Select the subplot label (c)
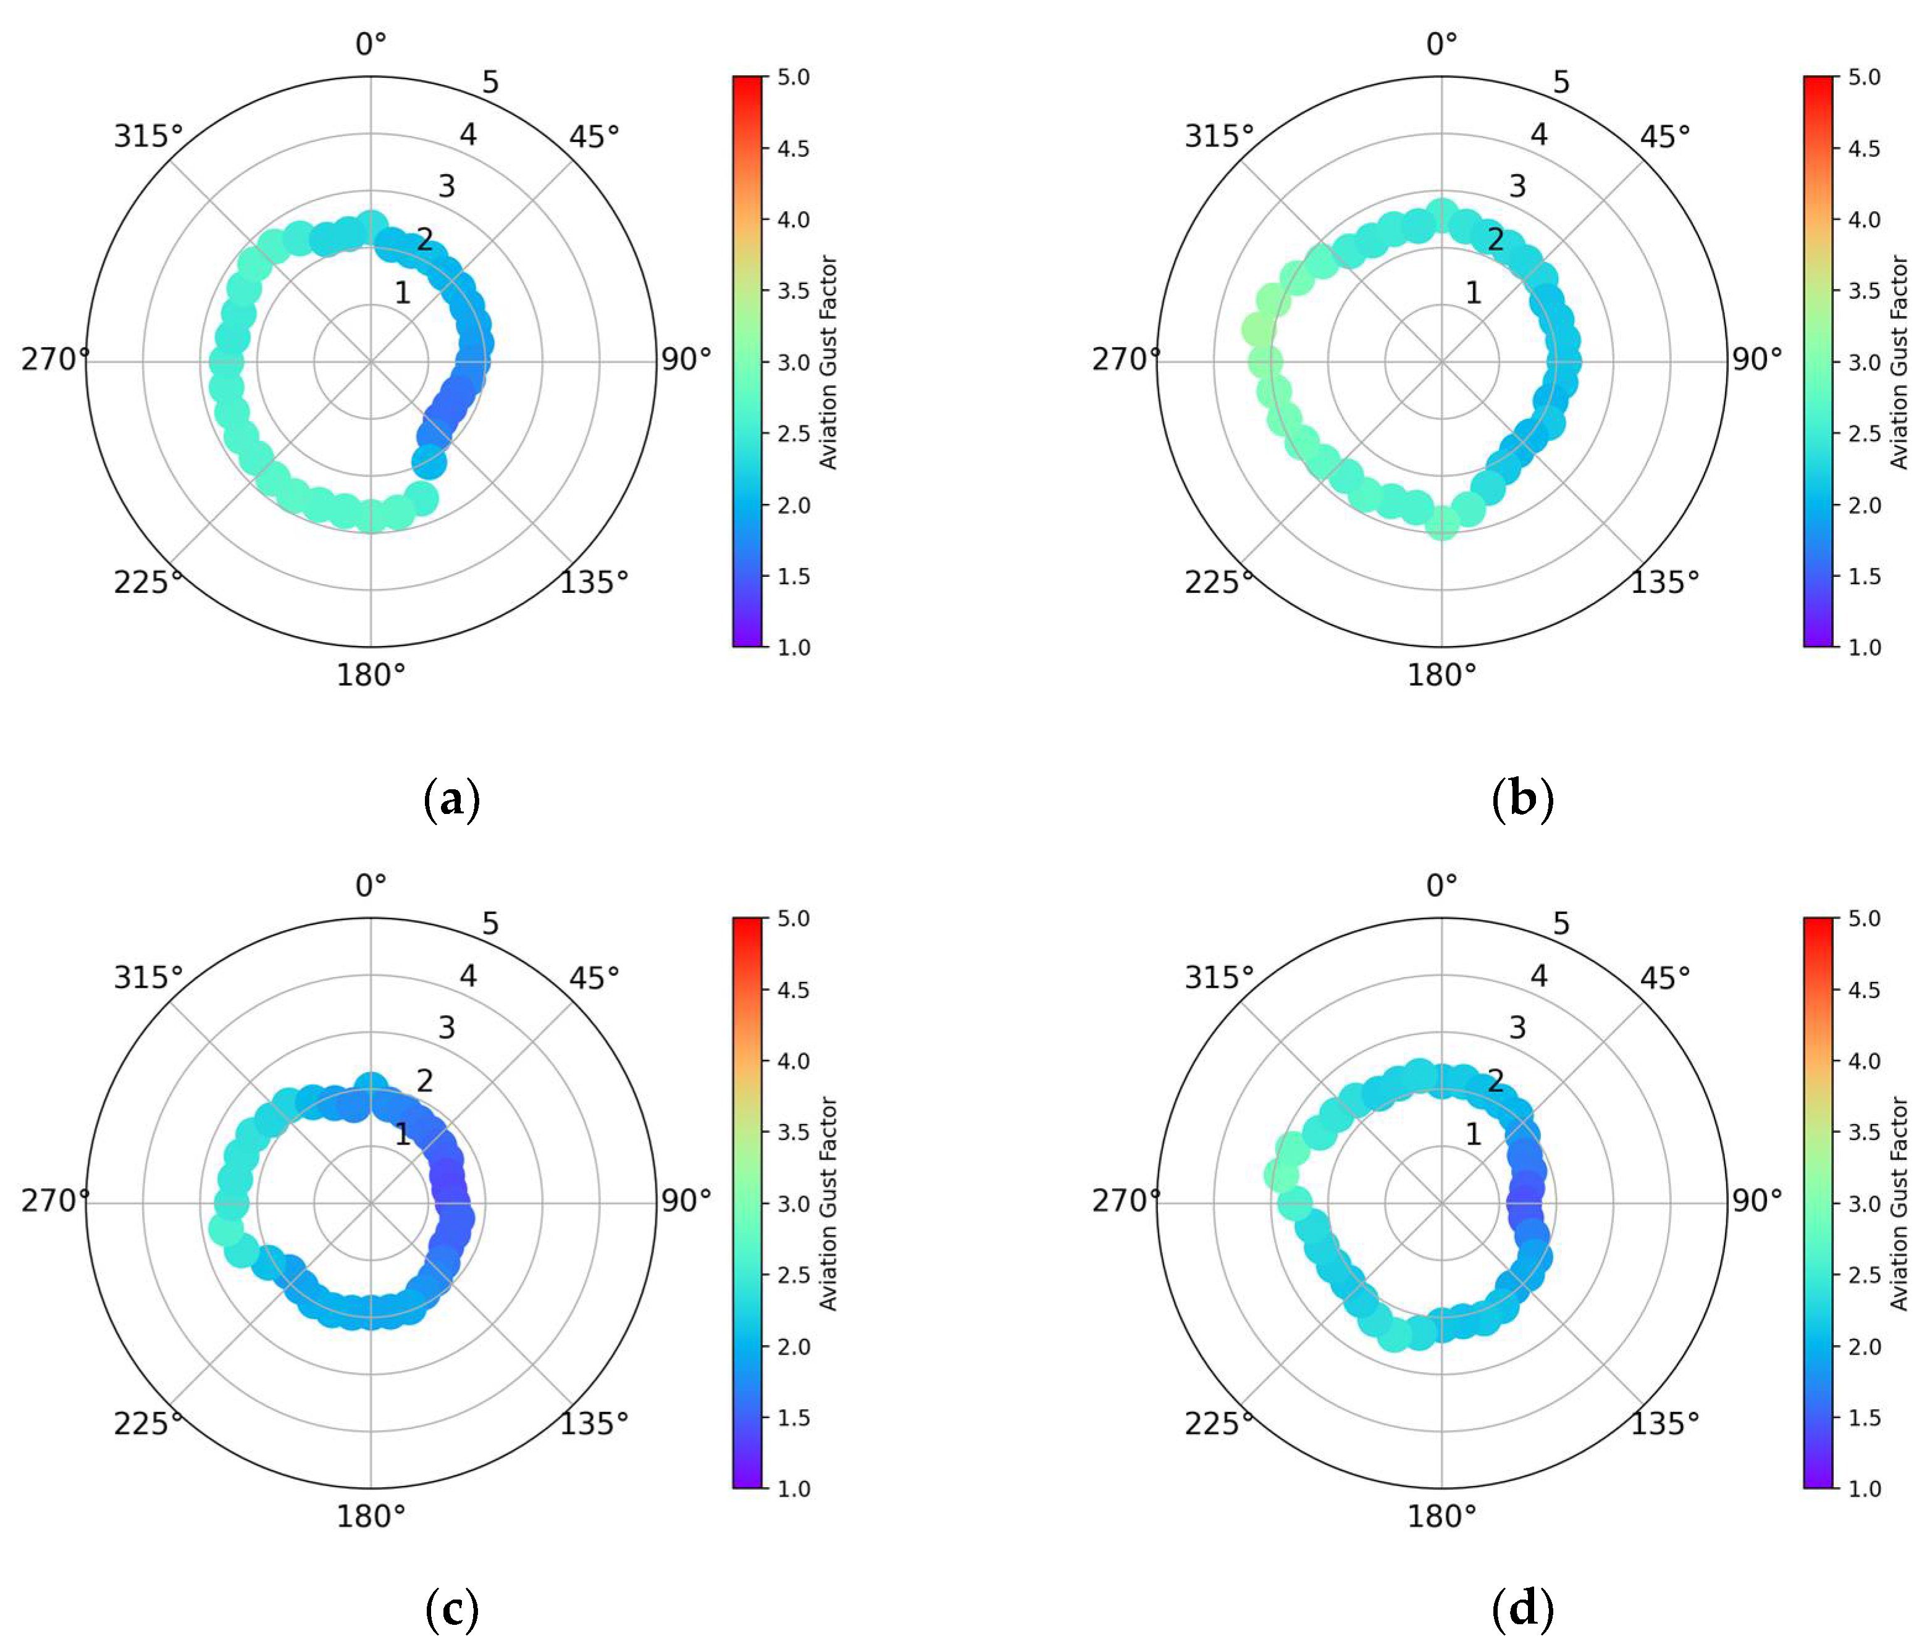pyautogui.click(x=451, y=1609)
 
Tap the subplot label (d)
pyautogui.click(x=1522, y=1609)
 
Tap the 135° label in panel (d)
pyautogui.click(x=1664, y=1424)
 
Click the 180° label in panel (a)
pyautogui.click(x=371, y=674)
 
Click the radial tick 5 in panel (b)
pyautogui.click(x=1561, y=82)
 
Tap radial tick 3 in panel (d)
pyautogui.click(x=1517, y=1028)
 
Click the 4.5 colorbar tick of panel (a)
pyautogui.click(x=792, y=148)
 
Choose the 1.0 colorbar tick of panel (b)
pyautogui.click(x=1864, y=647)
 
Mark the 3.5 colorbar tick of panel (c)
pyautogui.click(x=792, y=1131)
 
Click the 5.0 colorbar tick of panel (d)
pyautogui.click(x=1864, y=918)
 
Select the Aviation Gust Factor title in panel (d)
pyautogui.click(x=1899, y=1204)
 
